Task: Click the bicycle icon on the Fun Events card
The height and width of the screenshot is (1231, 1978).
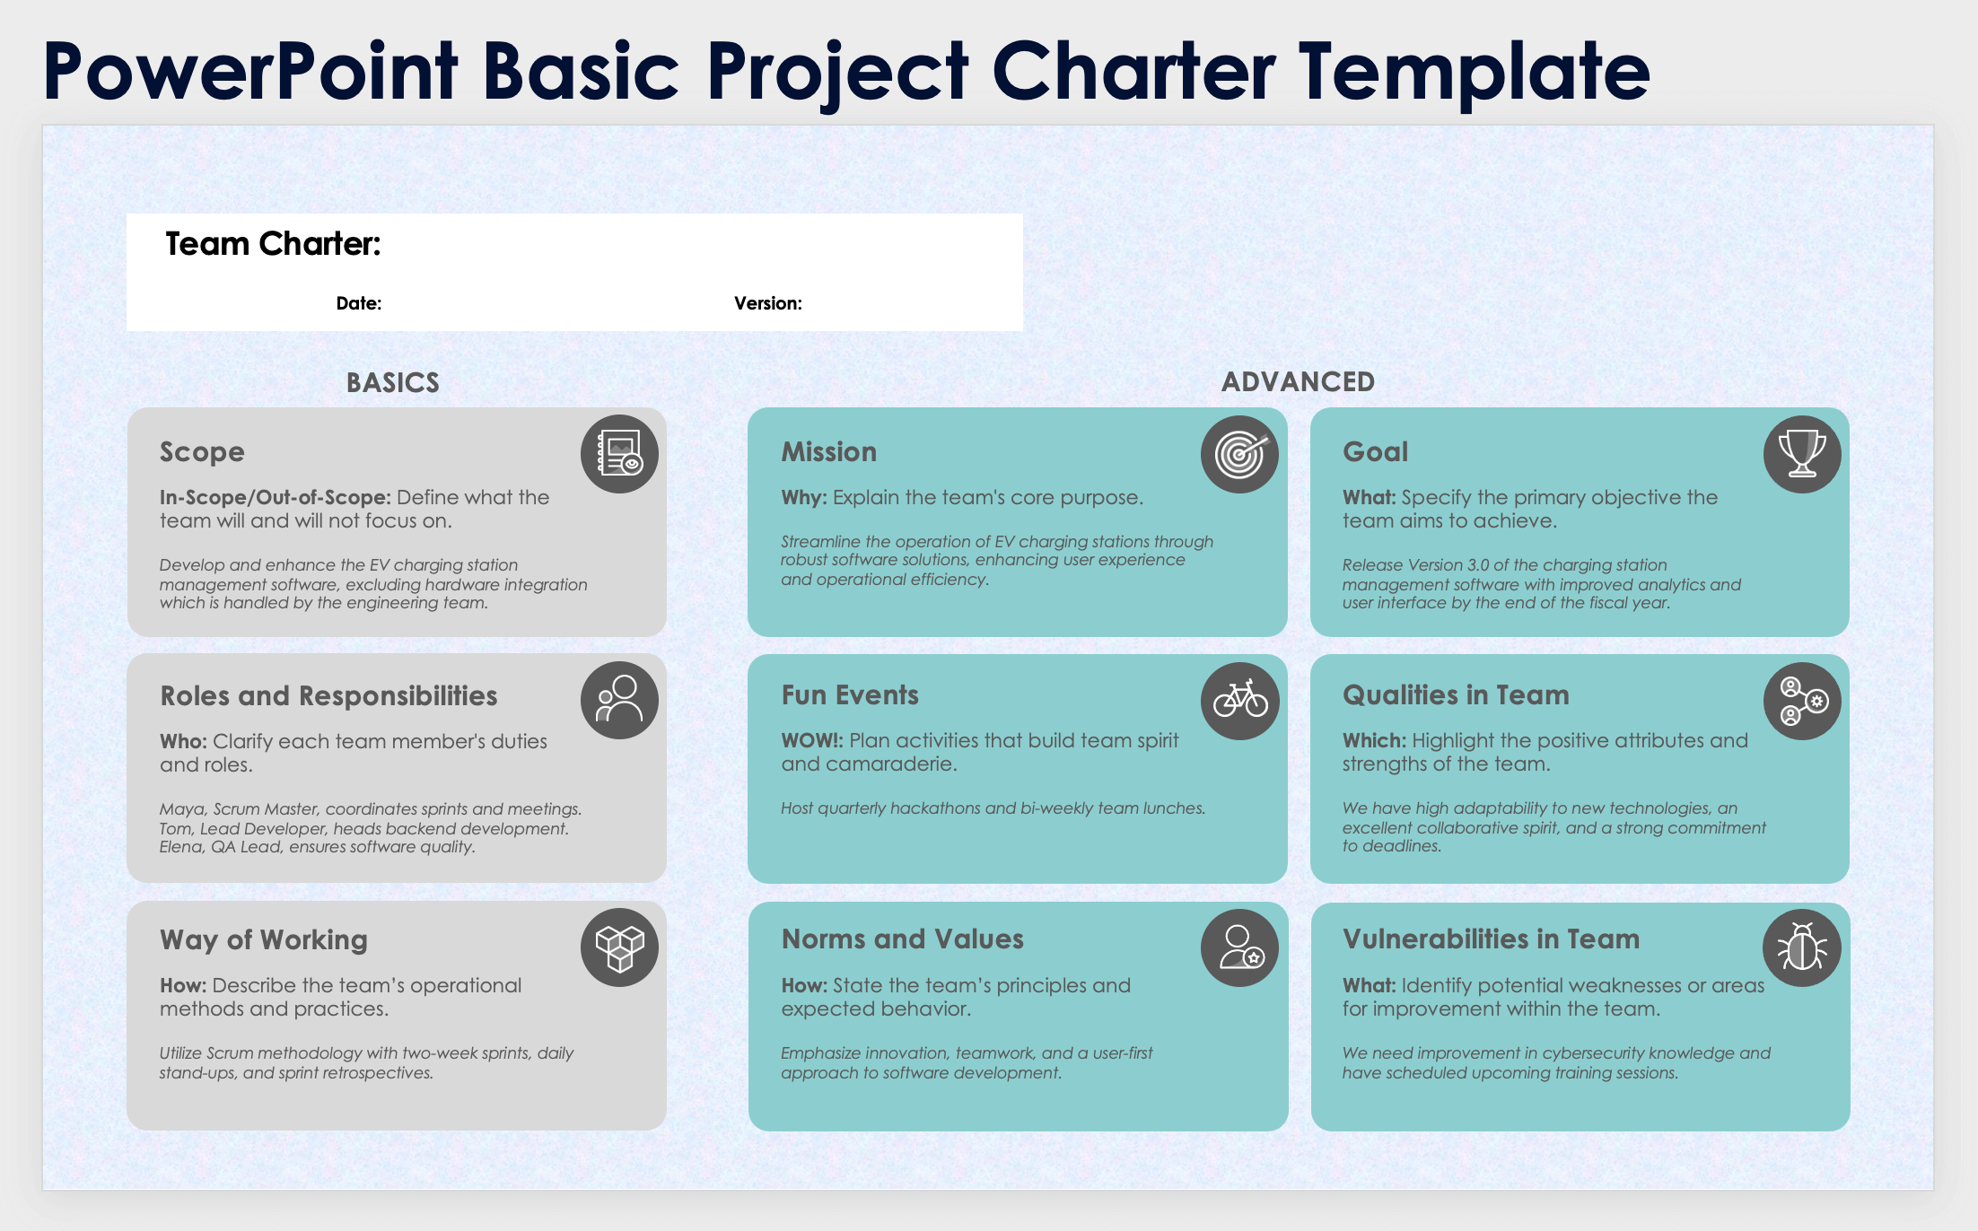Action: pyautogui.click(x=1239, y=701)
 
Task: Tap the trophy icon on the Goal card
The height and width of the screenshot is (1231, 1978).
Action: pyautogui.click(x=1801, y=454)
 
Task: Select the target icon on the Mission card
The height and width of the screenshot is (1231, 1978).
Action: pyautogui.click(x=1239, y=454)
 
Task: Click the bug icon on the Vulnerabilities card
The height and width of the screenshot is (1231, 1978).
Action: pyautogui.click(x=1801, y=947)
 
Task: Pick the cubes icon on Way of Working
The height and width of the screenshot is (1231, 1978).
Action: pyautogui.click(x=619, y=947)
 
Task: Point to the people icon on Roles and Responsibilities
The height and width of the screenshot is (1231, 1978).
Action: pyautogui.click(x=619, y=701)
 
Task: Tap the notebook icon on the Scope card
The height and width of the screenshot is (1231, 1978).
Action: pyautogui.click(x=619, y=454)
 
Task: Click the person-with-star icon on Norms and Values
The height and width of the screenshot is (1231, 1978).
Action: pyautogui.click(x=1239, y=947)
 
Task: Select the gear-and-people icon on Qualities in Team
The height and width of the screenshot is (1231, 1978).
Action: pyautogui.click(x=1801, y=701)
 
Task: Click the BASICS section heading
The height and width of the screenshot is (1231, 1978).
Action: pyautogui.click(x=393, y=383)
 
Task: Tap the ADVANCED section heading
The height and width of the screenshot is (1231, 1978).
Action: pyautogui.click(x=1298, y=382)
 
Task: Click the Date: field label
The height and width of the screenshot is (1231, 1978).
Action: pyautogui.click(x=359, y=304)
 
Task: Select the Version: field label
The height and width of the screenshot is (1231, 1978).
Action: pyautogui.click(x=768, y=304)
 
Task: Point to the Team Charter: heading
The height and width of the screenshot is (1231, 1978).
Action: pyautogui.click(x=273, y=244)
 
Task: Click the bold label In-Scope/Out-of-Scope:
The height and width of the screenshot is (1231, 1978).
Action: pyautogui.click(x=275, y=498)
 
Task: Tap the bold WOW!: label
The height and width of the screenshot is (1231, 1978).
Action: pyautogui.click(x=811, y=741)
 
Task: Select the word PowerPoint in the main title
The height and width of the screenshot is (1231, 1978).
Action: pyautogui.click(x=249, y=72)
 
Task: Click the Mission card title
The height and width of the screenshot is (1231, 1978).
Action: pyautogui.click(x=828, y=452)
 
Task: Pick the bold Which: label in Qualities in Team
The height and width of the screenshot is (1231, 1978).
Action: pyautogui.click(x=1374, y=741)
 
